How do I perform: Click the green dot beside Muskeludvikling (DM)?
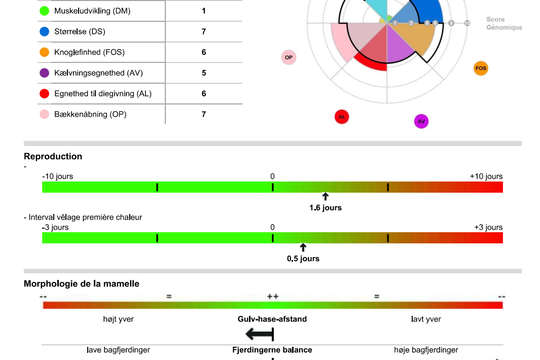45,11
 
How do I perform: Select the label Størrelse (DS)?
87,32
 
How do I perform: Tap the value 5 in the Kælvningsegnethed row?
204,73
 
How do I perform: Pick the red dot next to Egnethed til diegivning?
45,93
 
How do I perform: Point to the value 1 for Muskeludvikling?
204,11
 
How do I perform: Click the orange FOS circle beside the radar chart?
481,68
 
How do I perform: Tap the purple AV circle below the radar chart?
421,121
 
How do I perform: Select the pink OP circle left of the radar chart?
289,57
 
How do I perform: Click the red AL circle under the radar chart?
342,117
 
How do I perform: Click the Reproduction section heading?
53,156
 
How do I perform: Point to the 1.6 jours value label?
325,208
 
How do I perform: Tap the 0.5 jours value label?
303,258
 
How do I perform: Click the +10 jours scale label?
485,175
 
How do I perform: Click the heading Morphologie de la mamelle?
81,283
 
